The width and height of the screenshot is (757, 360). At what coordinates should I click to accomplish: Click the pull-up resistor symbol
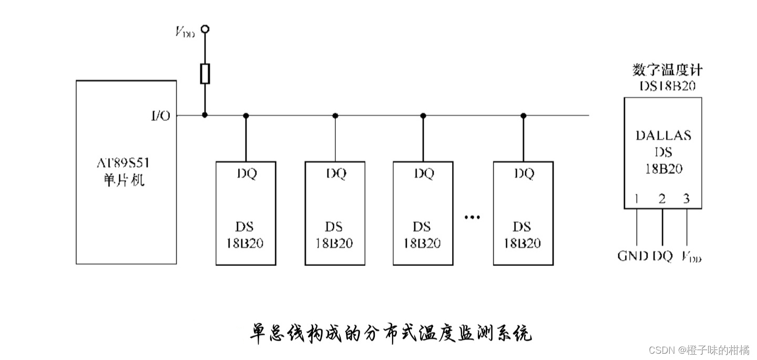coord(205,74)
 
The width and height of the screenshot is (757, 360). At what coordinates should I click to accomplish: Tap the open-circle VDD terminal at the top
coord(205,29)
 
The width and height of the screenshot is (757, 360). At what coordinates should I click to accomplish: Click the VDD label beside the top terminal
coord(185,32)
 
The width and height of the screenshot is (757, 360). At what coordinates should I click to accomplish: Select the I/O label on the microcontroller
coord(160,116)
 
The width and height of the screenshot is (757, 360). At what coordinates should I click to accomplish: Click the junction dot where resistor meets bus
coord(205,115)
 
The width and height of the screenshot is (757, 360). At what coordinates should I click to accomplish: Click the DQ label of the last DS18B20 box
coord(523,173)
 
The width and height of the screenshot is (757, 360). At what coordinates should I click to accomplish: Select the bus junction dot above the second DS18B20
coord(335,115)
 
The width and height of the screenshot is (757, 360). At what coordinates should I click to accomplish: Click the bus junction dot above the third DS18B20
coord(423,115)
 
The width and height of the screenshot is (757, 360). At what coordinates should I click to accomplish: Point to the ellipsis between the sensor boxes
coord(472,217)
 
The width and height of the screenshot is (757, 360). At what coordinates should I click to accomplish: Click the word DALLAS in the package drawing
coord(663,135)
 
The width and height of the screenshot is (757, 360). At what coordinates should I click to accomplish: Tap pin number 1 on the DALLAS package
coord(637,199)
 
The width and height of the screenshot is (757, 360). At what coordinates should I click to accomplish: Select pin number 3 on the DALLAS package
coord(686,199)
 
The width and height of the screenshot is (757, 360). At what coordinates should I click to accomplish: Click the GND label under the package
coord(632,256)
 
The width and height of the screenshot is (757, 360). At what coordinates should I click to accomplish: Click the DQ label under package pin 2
coord(662,256)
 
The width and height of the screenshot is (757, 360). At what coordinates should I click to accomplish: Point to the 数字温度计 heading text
coord(667,70)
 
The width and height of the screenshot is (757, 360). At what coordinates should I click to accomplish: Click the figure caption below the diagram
coord(390,333)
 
